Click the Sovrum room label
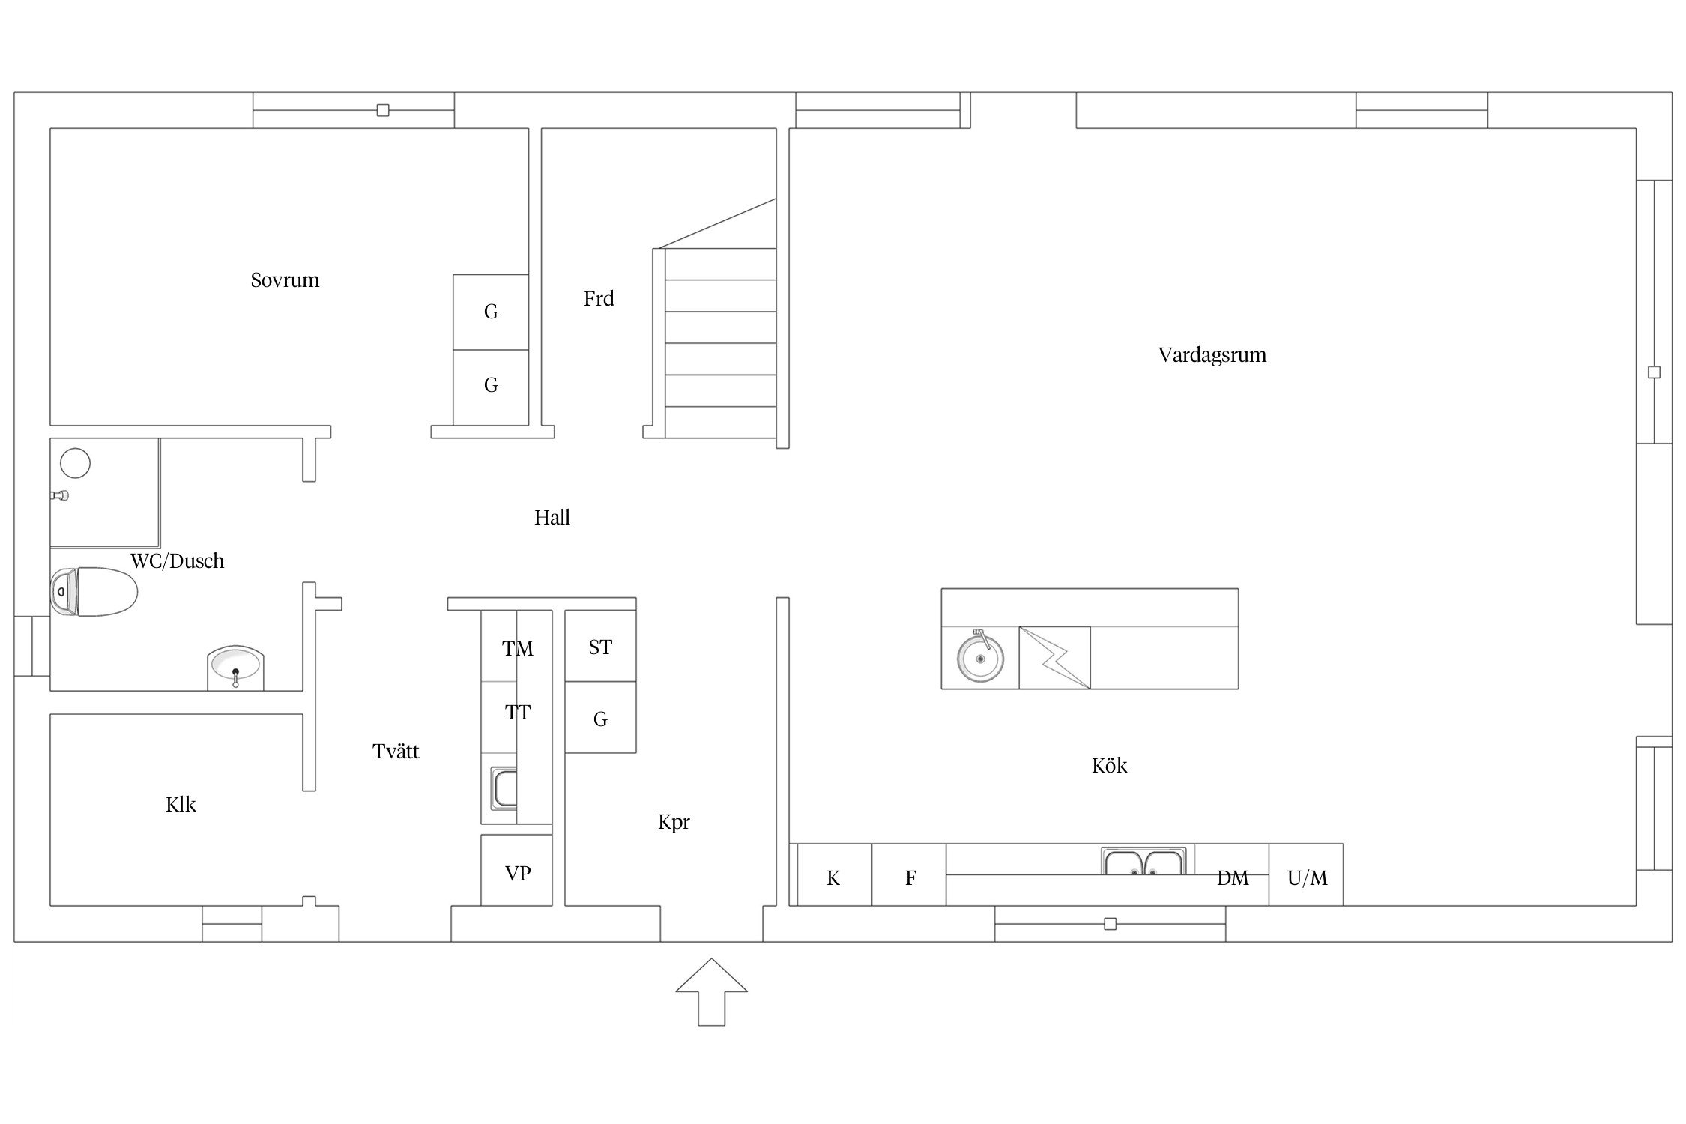[x=285, y=280]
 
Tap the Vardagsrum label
[x=1212, y=355]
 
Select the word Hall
[x=552, y=517]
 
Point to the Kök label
[x=1109, y=765]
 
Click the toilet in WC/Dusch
[x=94, y=592]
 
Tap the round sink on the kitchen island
[x=979, y=657]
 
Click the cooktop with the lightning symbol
[x=1054, y=657]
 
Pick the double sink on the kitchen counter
[x=1143, y=862]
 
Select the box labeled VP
[x=516, y=870]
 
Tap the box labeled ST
[x=600, y=646]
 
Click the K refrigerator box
[x=834, y=875]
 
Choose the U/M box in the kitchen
[x=1306, y=875]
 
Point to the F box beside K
[x=909, y=875]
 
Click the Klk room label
[x=181, y=805]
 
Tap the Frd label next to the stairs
[x=599, y=299]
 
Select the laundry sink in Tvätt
[x=504, y=788]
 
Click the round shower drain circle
[x=75, y=463]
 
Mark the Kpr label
[x=674, y=823]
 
